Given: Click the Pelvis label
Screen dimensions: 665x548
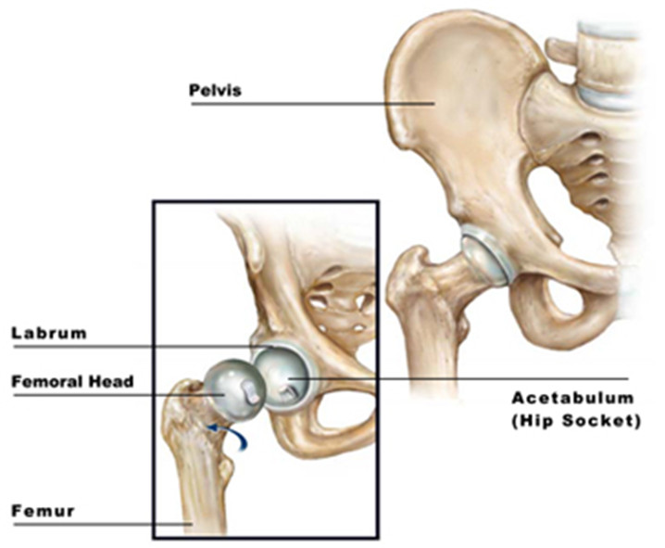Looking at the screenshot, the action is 215,91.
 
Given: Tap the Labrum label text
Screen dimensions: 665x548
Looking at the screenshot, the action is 49,333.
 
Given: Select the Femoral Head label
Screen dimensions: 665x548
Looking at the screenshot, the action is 72,382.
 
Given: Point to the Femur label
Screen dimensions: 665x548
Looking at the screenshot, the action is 43,511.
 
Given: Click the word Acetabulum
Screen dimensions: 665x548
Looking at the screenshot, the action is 572,398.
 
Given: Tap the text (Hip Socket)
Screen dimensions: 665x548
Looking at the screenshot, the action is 576,421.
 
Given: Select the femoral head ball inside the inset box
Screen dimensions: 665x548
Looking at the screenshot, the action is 232,389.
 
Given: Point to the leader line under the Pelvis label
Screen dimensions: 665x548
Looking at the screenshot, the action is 313,104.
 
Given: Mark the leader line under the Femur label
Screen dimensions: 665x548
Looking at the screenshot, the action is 103,525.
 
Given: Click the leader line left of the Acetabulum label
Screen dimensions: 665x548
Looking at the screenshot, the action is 458,377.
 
